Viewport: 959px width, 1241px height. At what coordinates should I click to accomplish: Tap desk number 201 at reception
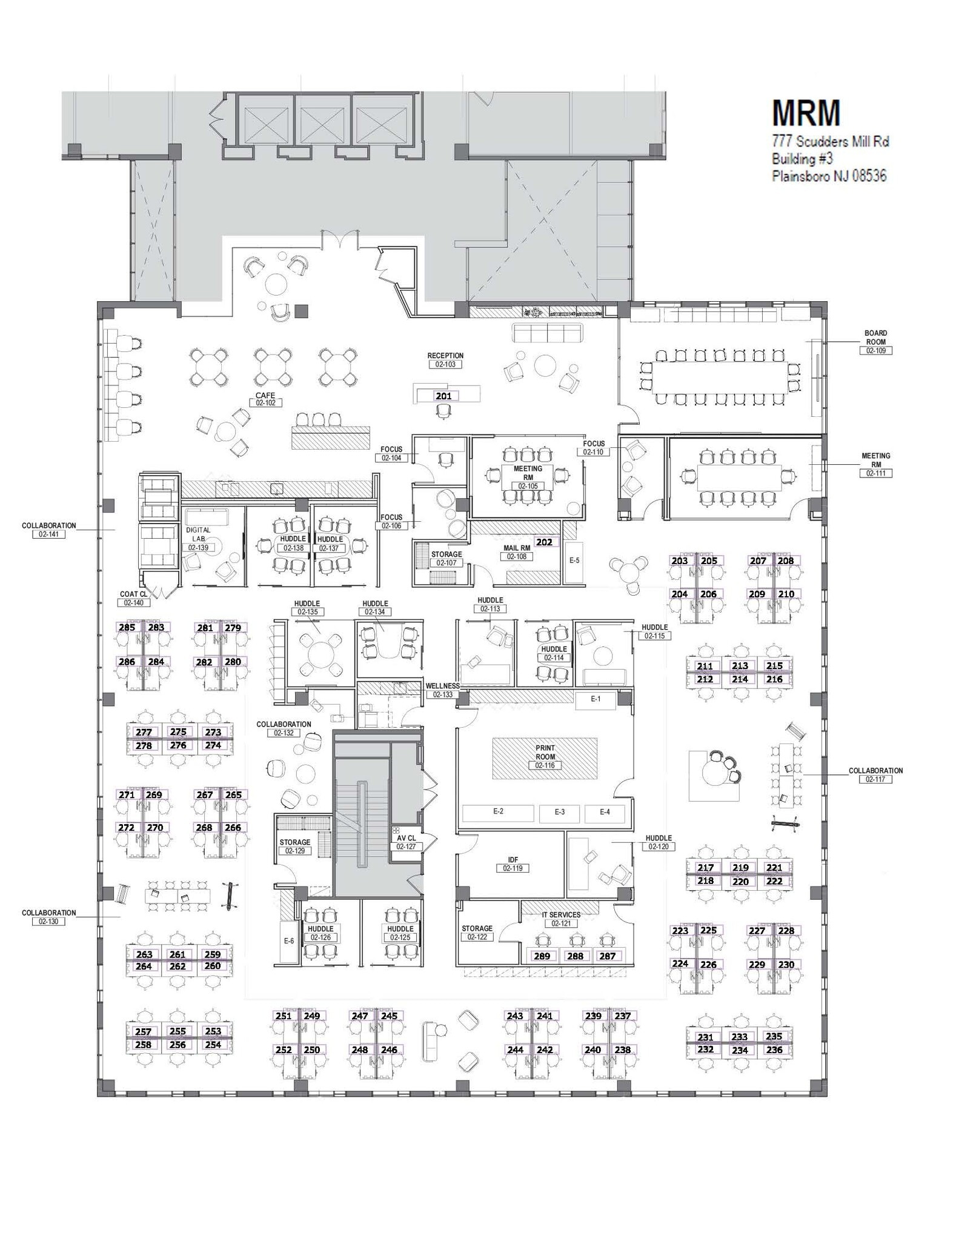coord(443,396)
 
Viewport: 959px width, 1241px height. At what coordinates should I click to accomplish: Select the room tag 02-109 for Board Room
coord(875,351)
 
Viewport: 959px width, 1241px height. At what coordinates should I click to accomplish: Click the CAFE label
coord(265,395)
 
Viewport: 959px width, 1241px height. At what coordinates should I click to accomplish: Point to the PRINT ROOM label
coord(545,748)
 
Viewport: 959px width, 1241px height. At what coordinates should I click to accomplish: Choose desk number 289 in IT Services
coord(542,956)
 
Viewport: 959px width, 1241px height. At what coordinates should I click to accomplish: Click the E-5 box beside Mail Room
coord(574,561)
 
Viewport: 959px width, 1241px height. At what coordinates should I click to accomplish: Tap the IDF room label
coord(513,859)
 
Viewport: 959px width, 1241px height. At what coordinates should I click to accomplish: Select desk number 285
coord(127,627)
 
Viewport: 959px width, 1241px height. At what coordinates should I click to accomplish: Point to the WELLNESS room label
coord(442,686)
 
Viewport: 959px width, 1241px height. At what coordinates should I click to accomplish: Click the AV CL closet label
coord(406,838)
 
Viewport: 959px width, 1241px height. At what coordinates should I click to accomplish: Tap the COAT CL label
coord(133,594)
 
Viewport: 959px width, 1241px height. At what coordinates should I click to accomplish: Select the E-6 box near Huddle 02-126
coord(289,940)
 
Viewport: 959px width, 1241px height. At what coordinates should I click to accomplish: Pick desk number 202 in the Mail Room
coord(544,542)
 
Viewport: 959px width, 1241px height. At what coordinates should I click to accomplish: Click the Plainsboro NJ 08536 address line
coord(829,176)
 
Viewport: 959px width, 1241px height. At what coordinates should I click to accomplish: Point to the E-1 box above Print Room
coord(596,699)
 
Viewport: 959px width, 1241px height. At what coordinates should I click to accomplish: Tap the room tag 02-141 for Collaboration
coord(48,534)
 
